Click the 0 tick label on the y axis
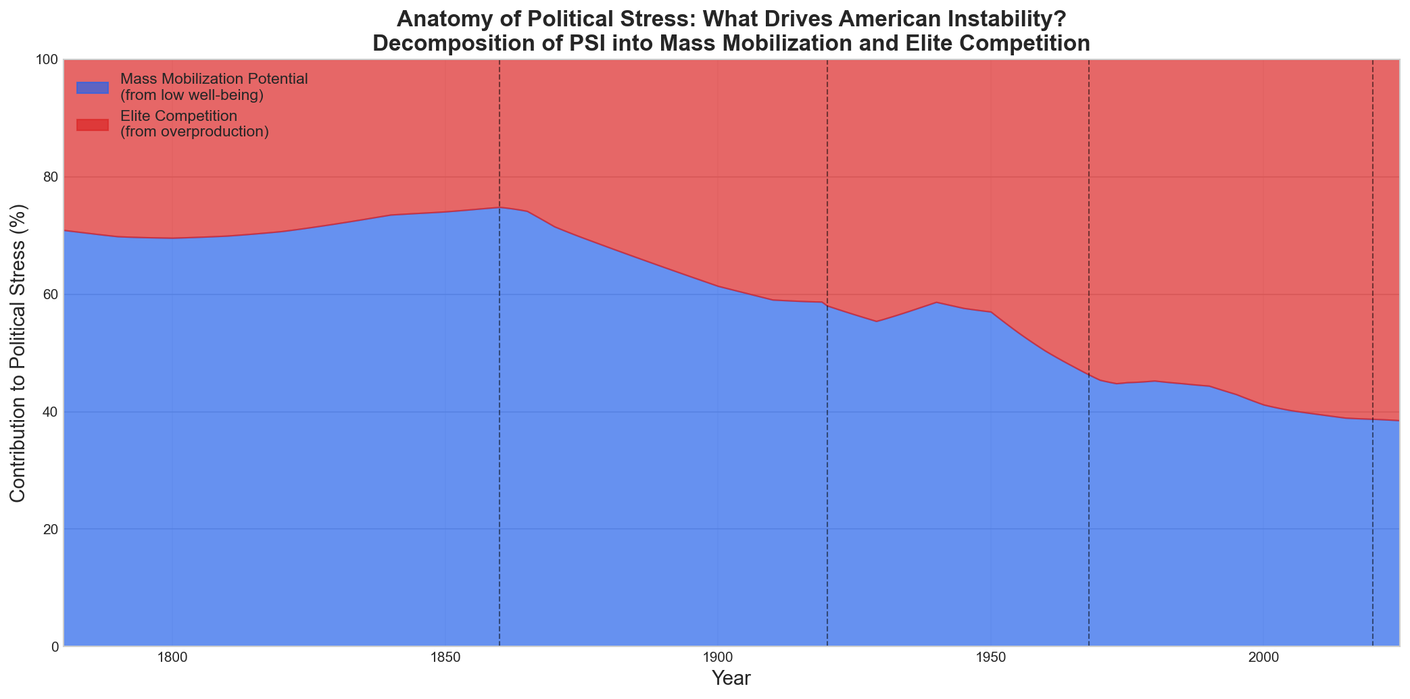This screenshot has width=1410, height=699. pos(53,647)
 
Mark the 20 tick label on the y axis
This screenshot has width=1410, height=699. pos(50,529)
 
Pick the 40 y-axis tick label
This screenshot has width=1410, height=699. pos(50,412)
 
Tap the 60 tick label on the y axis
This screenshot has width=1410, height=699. pos(50,294)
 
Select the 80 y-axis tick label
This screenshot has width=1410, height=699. pos(50,177)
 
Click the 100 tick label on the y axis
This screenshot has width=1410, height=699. pos(47,59)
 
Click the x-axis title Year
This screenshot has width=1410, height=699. pos(731,679)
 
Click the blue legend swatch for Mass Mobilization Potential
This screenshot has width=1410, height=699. pos(93,87)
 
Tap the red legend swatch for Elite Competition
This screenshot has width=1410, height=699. pos(93,124)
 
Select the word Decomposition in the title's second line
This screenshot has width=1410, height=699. pos(445,43)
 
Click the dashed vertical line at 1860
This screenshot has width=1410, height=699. pos(500,405)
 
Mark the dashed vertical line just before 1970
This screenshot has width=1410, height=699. pos(1089,507)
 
